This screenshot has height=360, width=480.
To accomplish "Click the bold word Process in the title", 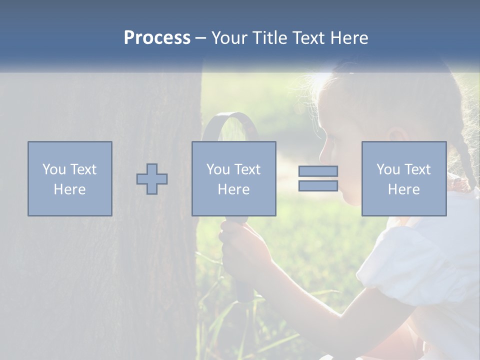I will (157, 38).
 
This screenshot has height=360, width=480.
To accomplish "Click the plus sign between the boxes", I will (152, 178).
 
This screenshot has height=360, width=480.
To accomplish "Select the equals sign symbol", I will (318, 178).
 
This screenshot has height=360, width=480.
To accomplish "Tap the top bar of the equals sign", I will (318, 171).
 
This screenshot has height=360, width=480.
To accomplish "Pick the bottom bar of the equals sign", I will (318, 186).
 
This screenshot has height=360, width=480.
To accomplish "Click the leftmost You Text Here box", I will (70, 178).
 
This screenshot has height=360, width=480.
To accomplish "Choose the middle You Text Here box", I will (233, 178).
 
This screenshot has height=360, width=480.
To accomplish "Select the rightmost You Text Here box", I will (404, 178).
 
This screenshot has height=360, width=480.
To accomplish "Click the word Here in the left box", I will (69, 189).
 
